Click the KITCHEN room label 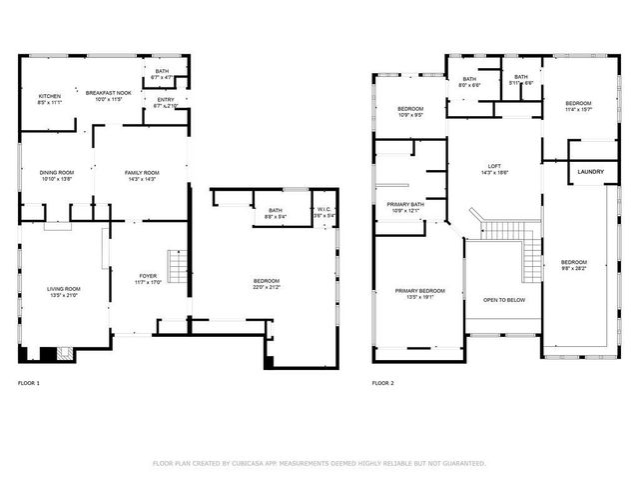click(x=50, y=96)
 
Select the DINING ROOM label click(x=56, y=173)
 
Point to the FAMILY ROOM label click(x=142, y=173)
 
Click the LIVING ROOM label click(x=64, y=290)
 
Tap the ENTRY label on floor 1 click(x=166, y=100)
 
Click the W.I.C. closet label click(x=323, y=210)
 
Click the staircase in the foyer click(x=177, y=267)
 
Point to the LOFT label click(x=494, y=166)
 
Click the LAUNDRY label click(x=590, y=172)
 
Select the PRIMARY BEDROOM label click(x=419, y=290)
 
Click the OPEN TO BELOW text click(x=505, y=299)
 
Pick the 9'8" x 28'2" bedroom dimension click(x=573, y=268)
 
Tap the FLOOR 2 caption click(x=383, y=383)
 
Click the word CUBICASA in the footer click(x=254, y=463)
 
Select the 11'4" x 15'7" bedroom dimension click(x=578, y=109)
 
